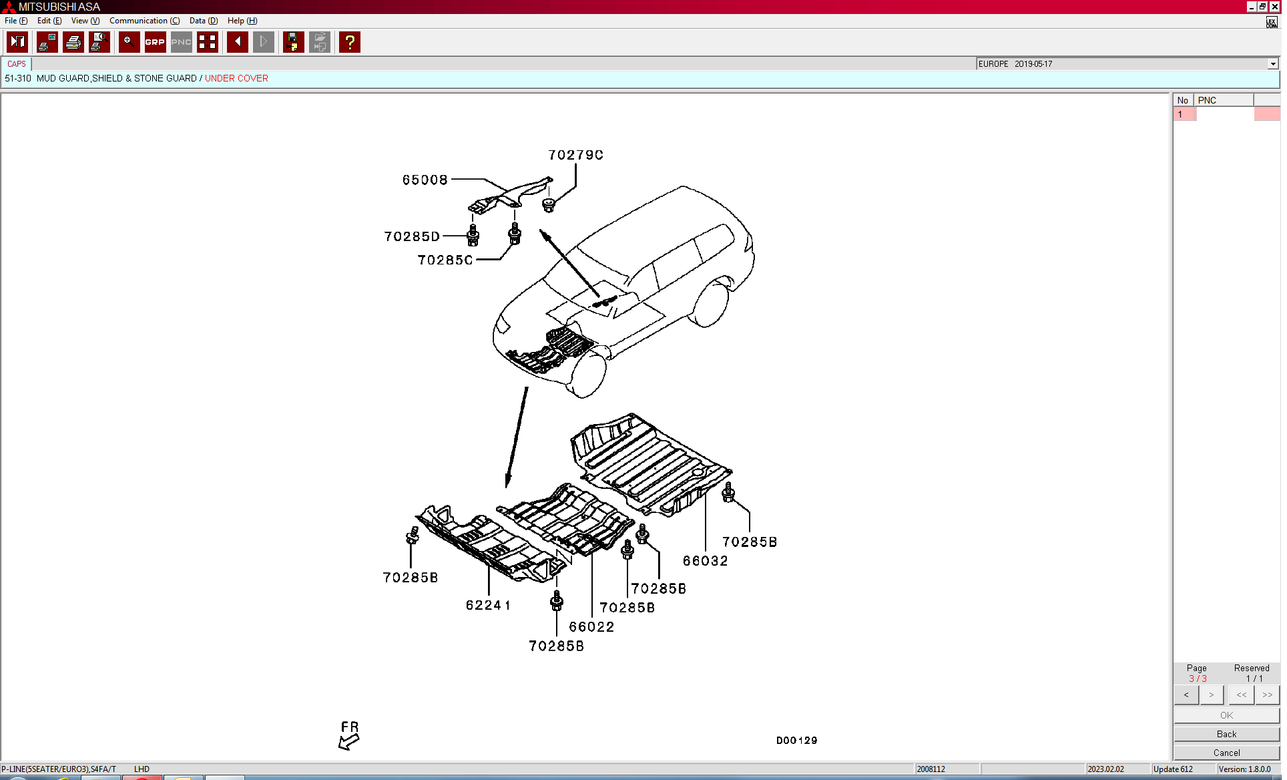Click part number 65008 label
(425, 180)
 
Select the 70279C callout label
(575, 156)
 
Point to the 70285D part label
(412, 237)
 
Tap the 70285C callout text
(445, 260)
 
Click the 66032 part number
(705, 562)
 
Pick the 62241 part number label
(488, 606)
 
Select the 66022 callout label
(591, 627)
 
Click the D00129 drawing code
(796, 741)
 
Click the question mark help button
(350, 42)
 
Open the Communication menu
(144, 21)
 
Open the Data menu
(204, 21)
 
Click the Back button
(1226, 734)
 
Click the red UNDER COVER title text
(236, 78)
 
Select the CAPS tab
(17, 64)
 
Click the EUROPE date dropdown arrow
(1273, 64)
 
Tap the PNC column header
(1207, 100)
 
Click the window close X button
(1274, 7)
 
